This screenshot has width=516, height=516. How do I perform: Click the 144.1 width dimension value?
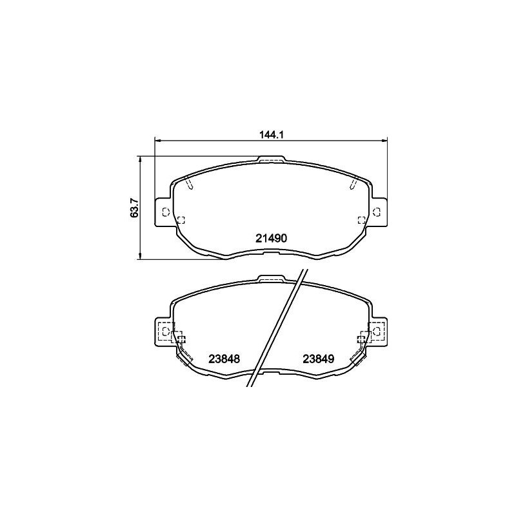[x=271, y=135]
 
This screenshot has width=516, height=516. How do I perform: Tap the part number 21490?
[x=271, y=238]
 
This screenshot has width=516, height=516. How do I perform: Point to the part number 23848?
[x=224, y=359]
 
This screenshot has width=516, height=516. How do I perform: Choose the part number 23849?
[x=318, y=359]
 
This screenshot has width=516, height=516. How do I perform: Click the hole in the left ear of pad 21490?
[x=164, y=212]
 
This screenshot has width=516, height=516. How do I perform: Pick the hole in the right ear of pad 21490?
[x=377, y=212]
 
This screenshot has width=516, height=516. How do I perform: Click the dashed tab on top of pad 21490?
[x=271, y=159]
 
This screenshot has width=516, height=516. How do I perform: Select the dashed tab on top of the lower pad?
[x=271, y=279]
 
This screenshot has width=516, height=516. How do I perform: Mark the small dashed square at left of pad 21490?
[x=181, y=219]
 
